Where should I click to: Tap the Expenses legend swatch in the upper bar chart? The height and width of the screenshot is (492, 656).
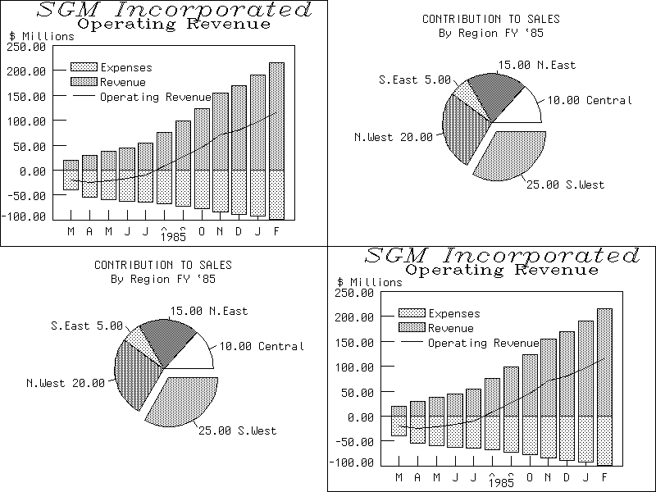click(84, 67)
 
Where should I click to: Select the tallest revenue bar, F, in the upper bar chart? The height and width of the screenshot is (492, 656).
click(276, 116)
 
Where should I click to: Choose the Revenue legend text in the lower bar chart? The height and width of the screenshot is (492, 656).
click(451, 328)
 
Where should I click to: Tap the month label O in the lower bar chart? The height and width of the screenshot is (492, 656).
click(529, 478)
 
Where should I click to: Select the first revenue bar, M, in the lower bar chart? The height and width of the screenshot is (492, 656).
click(399, 411)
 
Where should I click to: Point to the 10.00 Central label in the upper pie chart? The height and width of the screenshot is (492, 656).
click(590, 101)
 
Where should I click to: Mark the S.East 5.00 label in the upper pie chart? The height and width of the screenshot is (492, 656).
click(415, 80)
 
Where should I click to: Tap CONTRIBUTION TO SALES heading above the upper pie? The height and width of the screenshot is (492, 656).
click(491, 19)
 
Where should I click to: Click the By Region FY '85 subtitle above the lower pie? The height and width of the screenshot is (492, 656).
click(163, 279)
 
